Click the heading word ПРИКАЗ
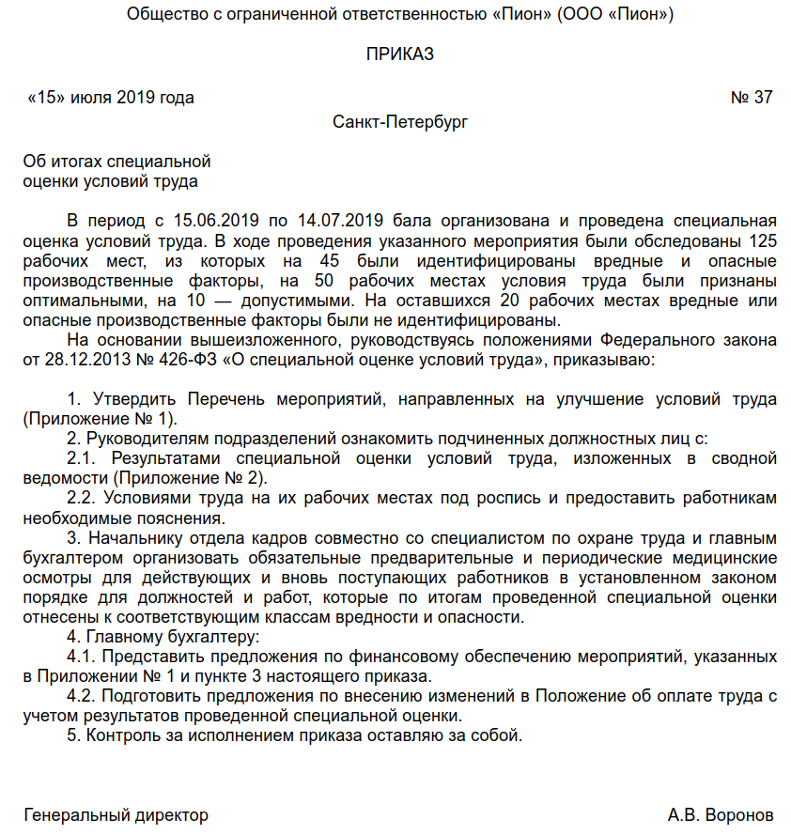click(x=400, y=54)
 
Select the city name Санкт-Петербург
click(x=400, y=122)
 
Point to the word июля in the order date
click(x=94, y=98)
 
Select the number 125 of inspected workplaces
click(x=763, y=240)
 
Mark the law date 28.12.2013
click(x=83, y=360)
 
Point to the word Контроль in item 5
click(x=121, y=735)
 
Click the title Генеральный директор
click(x=116, y=814)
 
